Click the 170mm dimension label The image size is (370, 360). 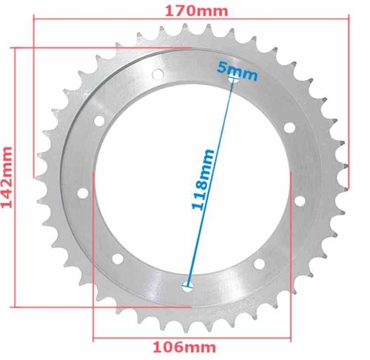click(196, 11)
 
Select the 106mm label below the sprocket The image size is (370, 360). click(184, 347)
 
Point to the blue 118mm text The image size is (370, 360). click(203, 179)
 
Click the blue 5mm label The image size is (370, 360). click(238, 71)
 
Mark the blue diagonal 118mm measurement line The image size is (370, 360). click(210, 183)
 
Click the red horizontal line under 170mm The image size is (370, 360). click(191, 17)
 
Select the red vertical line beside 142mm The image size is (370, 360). click(16, 178)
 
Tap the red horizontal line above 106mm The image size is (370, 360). click(192, 338)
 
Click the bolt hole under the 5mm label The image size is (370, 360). click(234, 79)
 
